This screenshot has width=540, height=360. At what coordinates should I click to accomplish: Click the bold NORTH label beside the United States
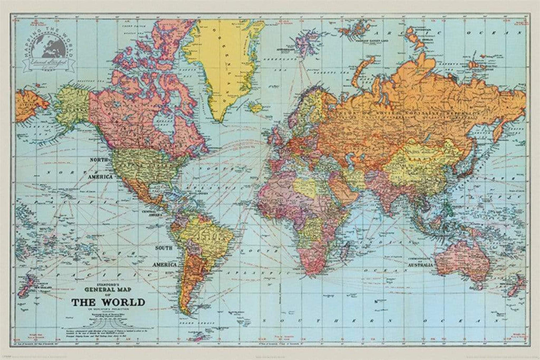99,159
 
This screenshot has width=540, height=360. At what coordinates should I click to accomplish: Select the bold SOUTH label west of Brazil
163,248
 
